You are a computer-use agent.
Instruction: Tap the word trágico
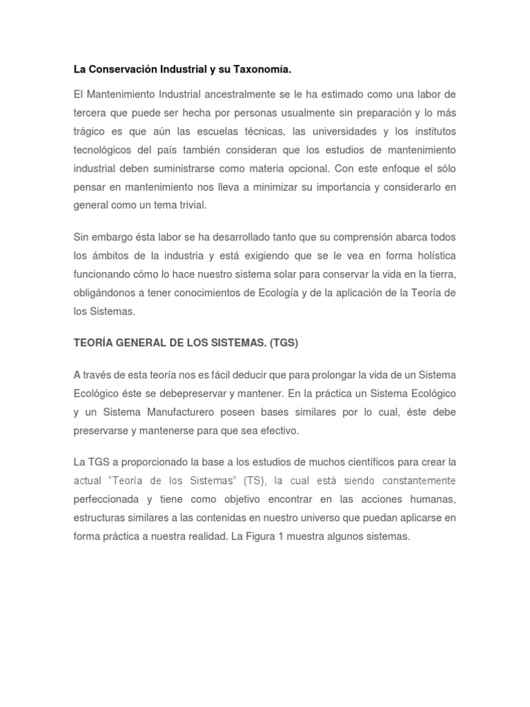(x=91, y=131)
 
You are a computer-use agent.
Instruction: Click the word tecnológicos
(x=103, y=150)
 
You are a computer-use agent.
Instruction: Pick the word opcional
(x=295, y=168)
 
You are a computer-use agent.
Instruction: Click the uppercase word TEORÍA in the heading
(x=95, y=343)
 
